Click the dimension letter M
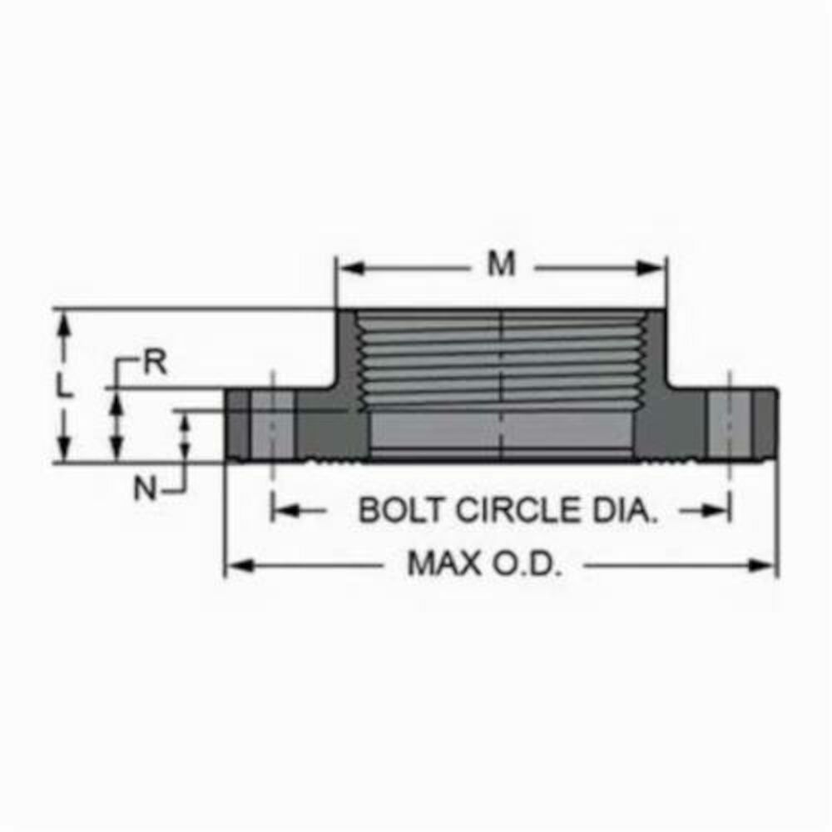pos(501,265)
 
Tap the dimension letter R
pos(155,364)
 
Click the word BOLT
pos(395,510)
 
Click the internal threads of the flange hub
pos(501,358)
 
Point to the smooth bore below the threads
pos(501,430)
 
